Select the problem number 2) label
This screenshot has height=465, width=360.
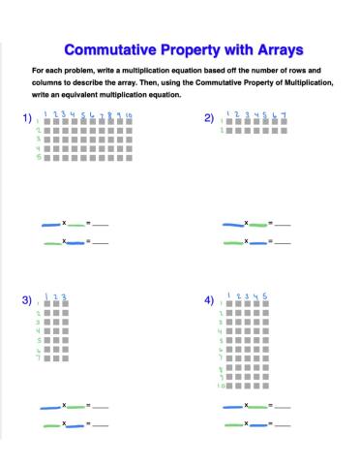(209, 118)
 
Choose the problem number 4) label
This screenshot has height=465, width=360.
(209, 301)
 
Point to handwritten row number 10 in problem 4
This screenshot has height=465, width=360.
(222, 386)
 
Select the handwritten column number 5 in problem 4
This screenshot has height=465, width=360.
(264, 295)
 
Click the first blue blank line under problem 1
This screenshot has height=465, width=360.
(50, 224)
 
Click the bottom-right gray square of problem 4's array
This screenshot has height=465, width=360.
(265, 386)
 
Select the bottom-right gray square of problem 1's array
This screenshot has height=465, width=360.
(129, 157)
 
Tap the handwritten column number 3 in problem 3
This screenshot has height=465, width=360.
(64, 296)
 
